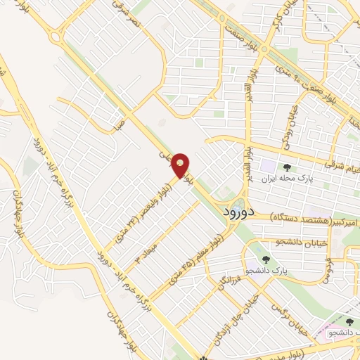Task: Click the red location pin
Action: point(181,165)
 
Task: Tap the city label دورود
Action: point(240,210)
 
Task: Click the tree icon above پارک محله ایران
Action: point(287,167)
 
